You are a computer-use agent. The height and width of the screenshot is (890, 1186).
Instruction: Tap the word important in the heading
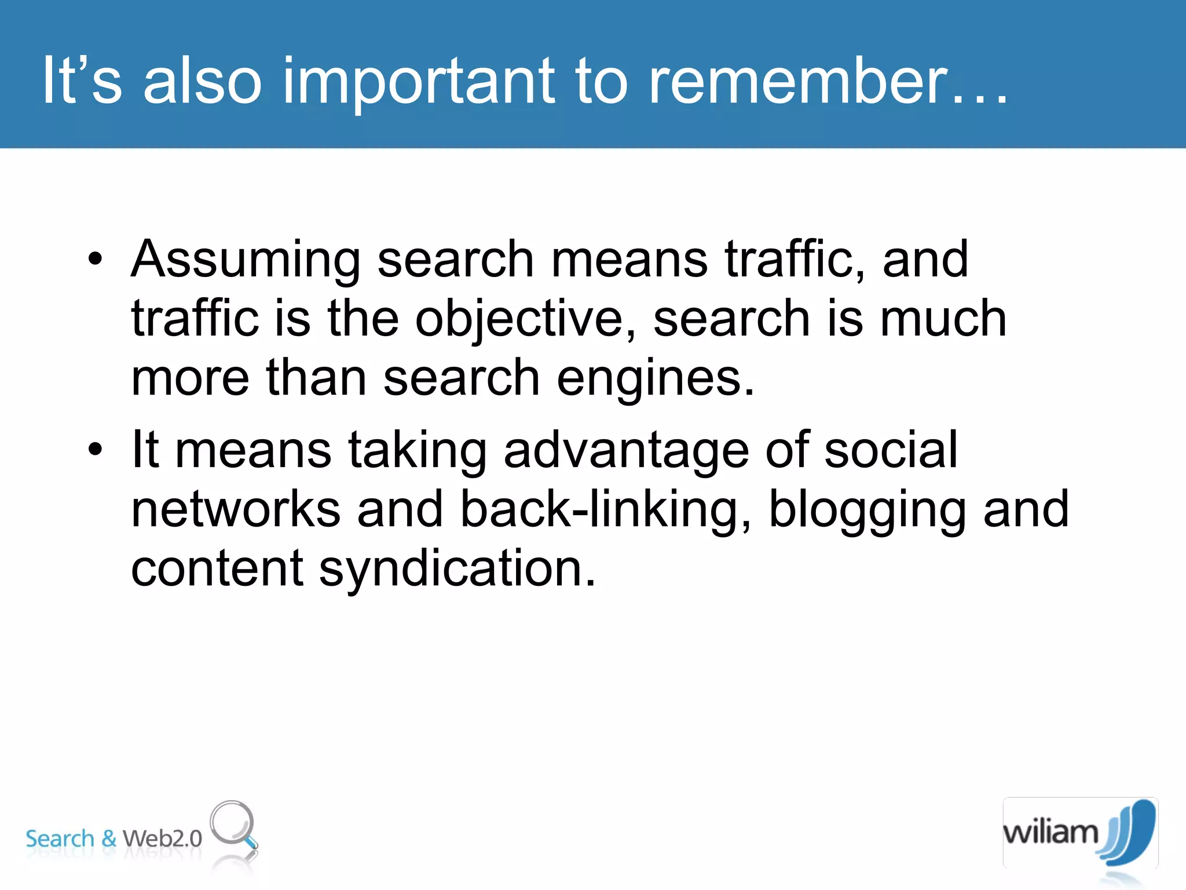point(419,81)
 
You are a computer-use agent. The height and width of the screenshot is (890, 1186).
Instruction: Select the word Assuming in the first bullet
point(246,260)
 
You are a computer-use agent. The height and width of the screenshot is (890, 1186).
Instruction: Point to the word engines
point(656,379)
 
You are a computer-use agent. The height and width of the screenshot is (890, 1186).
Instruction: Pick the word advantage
point(627,451)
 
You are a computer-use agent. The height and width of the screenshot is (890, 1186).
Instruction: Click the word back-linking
point(606,510)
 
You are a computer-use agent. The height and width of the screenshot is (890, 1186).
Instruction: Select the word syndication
point(457,569)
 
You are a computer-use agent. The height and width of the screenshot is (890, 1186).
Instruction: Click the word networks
point(236,510)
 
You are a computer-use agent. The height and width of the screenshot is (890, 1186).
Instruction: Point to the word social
point(891,451)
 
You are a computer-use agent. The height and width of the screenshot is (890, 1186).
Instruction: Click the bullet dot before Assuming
point(96,260)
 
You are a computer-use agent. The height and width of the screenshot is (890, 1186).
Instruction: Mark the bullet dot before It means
point(96,449)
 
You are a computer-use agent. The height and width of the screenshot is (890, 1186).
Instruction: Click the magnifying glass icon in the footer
point(234,825)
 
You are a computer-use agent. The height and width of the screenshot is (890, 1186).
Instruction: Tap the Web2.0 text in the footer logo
point(162,838)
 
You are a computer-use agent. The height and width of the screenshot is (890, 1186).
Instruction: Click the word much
point(943,319)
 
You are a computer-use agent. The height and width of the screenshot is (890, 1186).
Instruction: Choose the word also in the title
point(203,81)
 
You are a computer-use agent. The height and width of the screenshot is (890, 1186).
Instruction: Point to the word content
point(217,569)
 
